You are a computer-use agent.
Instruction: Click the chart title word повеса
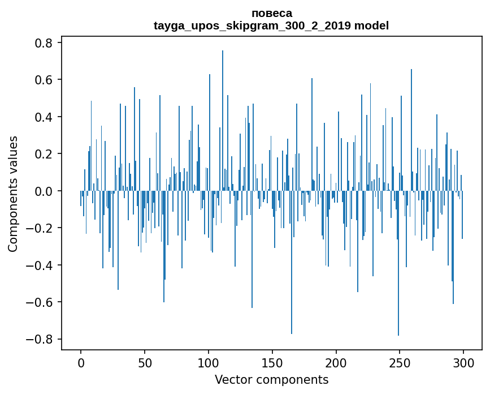[271, 13]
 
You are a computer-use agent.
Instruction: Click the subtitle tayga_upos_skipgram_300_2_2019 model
[271, 25]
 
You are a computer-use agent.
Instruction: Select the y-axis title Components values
[13, 194]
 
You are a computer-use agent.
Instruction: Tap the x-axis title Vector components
[271, 379]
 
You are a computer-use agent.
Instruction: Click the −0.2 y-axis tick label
[40, 228]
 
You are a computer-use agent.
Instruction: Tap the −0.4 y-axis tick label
[40, 265]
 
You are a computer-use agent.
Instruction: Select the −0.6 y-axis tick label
[40, 302]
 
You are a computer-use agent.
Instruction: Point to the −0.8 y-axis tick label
[40, 340]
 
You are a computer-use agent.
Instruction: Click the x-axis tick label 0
[81, 362]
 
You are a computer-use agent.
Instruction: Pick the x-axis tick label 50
[145, 362]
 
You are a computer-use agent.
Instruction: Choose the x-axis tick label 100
[209, 362]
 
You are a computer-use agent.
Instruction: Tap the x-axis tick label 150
[272, 362]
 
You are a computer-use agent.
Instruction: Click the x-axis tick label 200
[336, 362]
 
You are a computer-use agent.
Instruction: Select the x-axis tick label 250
[400, 362]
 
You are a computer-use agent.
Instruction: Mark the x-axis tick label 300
[464, 362]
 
